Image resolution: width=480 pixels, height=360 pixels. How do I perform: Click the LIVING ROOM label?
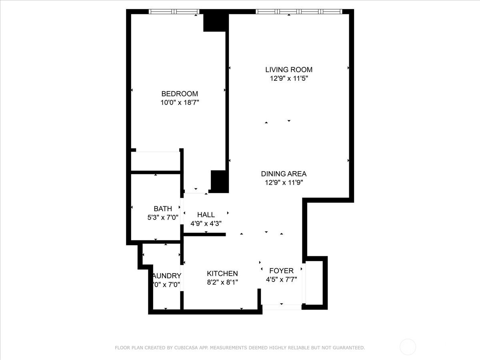pos(288,70)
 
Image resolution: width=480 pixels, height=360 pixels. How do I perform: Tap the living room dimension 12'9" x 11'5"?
pos(288,79)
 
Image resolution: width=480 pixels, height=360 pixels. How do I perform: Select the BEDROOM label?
pos(180,94)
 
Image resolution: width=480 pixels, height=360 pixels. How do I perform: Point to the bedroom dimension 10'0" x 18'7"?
pos(180,103)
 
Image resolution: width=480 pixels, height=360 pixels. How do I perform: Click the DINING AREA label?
pos(284,174)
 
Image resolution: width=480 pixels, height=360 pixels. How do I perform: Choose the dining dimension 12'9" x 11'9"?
pos(284,183)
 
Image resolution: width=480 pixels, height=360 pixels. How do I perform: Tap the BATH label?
pos(163,208)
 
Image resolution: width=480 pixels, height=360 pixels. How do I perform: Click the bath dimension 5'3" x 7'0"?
pos(163,218)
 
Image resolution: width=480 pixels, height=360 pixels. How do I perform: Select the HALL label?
pos(206,215)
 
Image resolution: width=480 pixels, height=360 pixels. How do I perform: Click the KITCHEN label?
pos(222,274)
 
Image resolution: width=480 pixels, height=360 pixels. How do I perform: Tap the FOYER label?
pos(281,271)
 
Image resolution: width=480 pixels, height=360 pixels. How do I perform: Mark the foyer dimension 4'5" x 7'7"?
pos(281,280)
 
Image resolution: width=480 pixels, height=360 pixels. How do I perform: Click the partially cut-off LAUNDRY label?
pos(167,276)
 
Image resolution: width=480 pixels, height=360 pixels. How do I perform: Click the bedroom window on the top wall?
pos(174,12)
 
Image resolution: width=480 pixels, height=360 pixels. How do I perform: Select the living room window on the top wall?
pos(299,12)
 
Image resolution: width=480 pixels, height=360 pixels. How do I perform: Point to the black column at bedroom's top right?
pos(215,22)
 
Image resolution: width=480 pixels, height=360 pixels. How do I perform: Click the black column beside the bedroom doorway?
pos(219,181)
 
